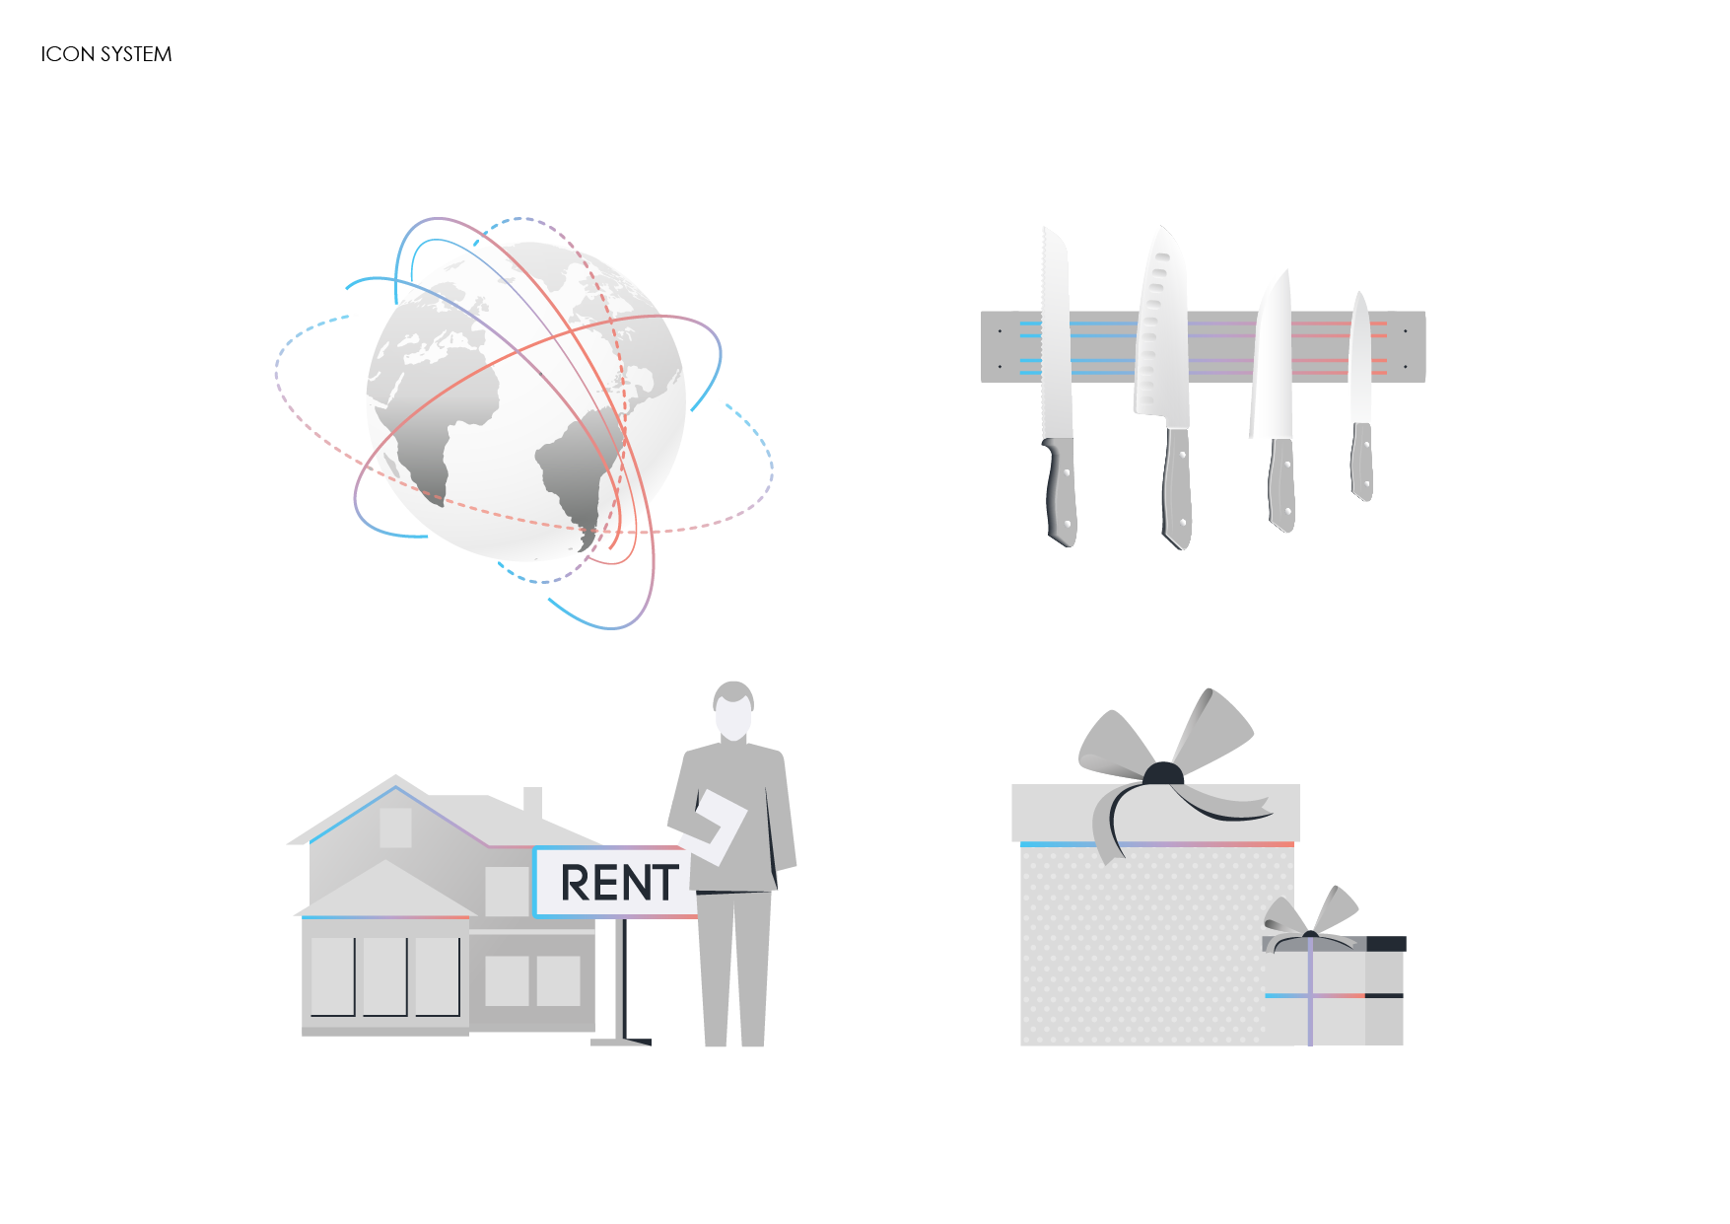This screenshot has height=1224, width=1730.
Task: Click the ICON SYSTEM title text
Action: pos(106,54)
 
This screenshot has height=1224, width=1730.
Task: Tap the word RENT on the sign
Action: pos(619,883)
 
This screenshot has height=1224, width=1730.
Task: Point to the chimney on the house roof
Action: pos(532,801)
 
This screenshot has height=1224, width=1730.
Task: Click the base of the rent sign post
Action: pos(622,1040)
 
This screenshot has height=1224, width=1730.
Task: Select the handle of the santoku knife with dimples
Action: pos(1177,488)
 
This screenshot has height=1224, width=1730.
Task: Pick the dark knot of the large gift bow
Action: pos(1163,773)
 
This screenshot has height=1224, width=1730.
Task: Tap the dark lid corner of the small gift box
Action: pos(1386,944)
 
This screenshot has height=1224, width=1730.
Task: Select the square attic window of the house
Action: pos(395,828)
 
